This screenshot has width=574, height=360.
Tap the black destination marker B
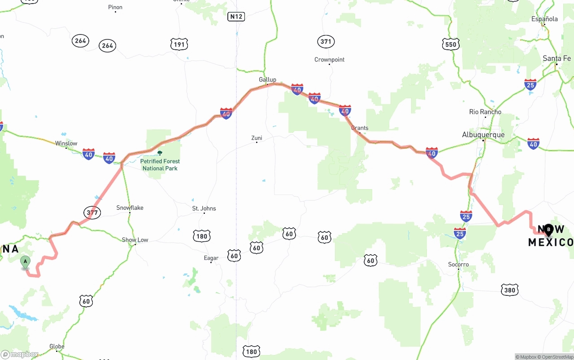coord(548,230)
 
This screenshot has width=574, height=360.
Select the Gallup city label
coord(267,80)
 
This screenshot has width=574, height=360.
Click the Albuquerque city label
coord(483,134)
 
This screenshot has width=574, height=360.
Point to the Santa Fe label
coord(557,58)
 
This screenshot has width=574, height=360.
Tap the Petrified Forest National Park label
coord(160,165)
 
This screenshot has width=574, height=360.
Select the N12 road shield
coord(236,17)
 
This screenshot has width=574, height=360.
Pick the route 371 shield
coord(326,42)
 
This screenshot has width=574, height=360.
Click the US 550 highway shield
coord(450,44)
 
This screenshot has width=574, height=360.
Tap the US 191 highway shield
coord(179,44)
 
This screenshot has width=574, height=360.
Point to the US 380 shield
coord(509,290)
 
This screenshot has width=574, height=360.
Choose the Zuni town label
coord(257,138)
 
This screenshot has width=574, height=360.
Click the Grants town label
coord(360,128)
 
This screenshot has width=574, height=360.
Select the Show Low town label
coord(135,240)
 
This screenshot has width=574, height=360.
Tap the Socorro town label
coord(458,265)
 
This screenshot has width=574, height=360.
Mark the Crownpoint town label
coord(329,60)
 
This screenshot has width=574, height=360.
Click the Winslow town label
coord(66,143)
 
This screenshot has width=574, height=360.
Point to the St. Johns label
coord(204,208)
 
